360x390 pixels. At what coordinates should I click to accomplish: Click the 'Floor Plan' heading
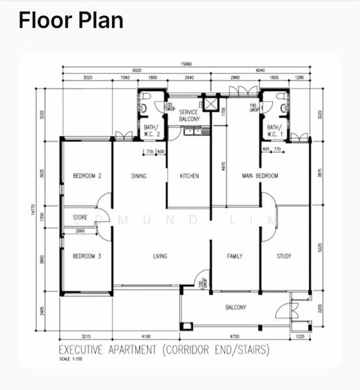[x=71, y=20]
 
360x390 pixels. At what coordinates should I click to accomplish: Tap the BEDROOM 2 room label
[x=86, y=176]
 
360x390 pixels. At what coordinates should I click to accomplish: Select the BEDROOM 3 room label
[x=86, y=256]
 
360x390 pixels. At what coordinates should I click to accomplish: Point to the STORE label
[x=80, y=218]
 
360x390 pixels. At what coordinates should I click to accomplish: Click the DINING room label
[x=139, y=176]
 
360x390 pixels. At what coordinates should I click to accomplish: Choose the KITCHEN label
[x=189, y=176]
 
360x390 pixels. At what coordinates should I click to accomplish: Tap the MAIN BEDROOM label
[x=260, y=176]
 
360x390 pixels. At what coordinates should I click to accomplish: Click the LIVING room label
[x=160, y=256]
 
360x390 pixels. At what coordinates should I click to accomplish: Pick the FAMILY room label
[x=235, y=256]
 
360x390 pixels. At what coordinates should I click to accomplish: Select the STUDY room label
[x=284, y=256]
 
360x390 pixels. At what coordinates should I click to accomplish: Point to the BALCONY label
[x=235, y=307]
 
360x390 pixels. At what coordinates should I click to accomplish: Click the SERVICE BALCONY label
[x=188, y=116]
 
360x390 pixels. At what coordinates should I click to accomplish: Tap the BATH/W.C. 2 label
[x=152, y=131]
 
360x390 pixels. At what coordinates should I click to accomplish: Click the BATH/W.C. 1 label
[x=274, y=131]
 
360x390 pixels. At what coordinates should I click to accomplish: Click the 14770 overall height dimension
[x=32, y=211]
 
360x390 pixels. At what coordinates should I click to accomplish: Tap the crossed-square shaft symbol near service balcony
[x=211, y=104]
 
